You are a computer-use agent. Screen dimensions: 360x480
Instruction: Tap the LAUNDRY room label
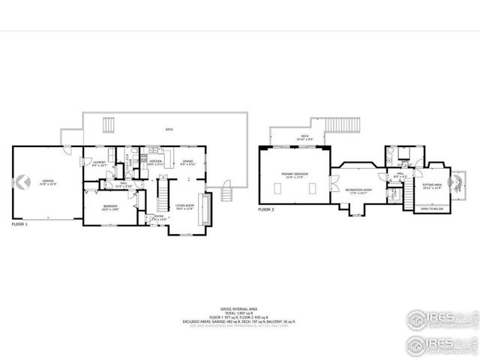click(x=88, y=163)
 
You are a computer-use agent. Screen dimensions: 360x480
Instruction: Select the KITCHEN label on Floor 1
click(x=156, y=162)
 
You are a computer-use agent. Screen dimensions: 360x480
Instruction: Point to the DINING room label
click(x=187, y=162)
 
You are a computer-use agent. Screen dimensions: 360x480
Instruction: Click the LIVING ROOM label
click(x=185, y=205)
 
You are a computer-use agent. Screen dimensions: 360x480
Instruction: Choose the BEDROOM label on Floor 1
click(x=109, y=208)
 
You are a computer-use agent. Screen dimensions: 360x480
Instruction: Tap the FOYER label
click(x=158, y=217)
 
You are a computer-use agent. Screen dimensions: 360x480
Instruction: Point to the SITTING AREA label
click(x=431, y=184)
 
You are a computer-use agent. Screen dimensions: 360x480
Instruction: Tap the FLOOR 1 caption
click(x=20, y=224)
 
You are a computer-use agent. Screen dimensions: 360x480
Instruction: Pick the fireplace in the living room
click(x=210, y=203)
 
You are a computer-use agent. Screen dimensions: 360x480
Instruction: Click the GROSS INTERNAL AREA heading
click(x=239, y=308)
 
